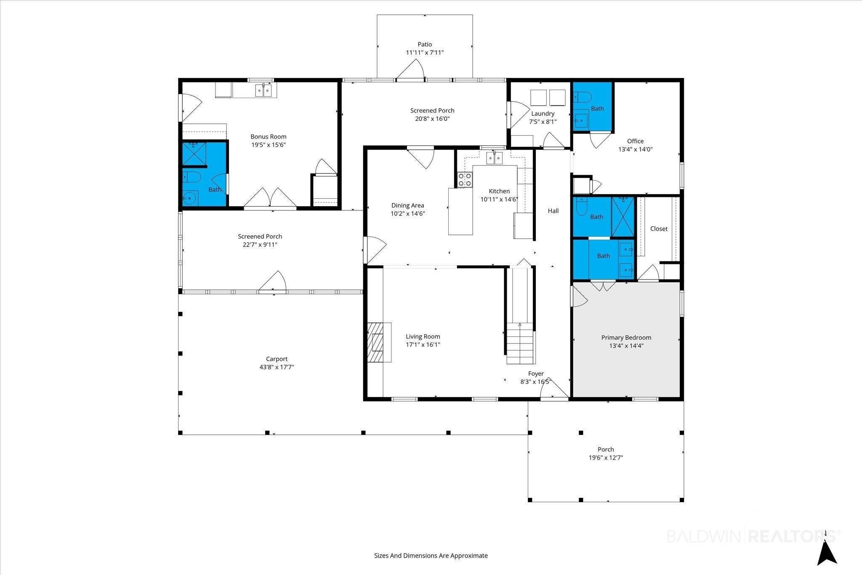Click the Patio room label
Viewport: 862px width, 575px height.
(425, 44)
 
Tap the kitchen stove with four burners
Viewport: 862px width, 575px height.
(465, 180)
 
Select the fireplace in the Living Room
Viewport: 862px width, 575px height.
(379, 342)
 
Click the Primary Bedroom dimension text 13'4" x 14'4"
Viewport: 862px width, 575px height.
(626, 346)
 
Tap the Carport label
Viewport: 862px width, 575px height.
(277, 359)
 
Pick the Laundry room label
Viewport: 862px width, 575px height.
(543, 114)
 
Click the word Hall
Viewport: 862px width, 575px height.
(553, 211)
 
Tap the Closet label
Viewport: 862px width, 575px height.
(659, 229)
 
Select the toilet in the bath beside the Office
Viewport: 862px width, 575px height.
(583, 98)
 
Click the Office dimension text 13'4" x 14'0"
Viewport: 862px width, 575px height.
(636, 149)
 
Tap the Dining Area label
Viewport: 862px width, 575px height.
(407, 205)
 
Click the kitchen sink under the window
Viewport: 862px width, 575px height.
(495, 158)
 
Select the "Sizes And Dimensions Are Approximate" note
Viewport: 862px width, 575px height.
(431, 556)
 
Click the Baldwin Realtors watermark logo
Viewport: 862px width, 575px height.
(753, 536)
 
